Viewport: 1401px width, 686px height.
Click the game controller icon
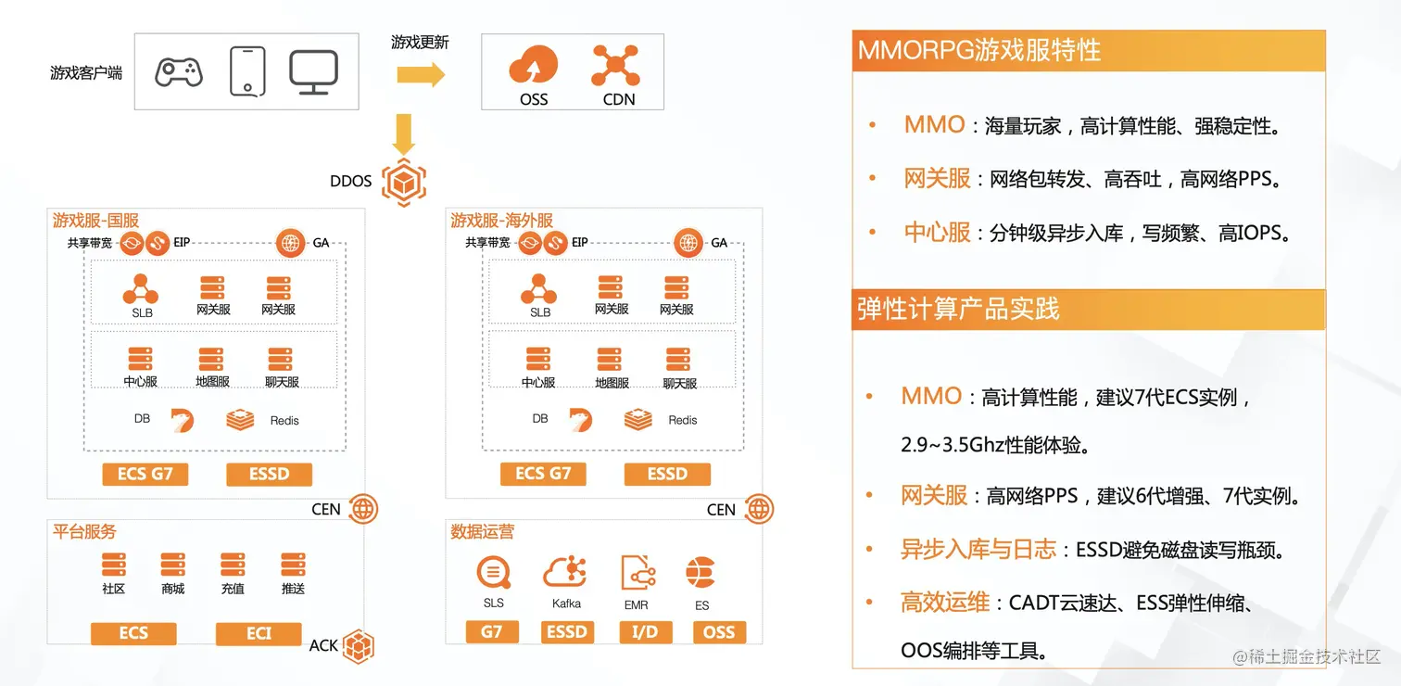pos(179,71)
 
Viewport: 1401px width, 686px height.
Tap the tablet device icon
pos(247,71)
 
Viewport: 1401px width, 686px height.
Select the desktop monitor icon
pos(313,71)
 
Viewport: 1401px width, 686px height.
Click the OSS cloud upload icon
pos(533,67)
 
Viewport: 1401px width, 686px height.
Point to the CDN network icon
pos(616,66)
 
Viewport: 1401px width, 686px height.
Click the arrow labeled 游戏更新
pos(421,73)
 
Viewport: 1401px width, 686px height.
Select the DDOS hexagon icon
pos(403,182)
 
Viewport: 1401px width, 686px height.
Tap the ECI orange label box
pos(259,633)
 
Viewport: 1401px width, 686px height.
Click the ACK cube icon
pos(358,645)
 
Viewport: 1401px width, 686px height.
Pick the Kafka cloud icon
pos(566,572)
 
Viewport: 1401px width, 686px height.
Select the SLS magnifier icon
pos(493,572)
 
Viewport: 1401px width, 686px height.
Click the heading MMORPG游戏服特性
pos(979,50)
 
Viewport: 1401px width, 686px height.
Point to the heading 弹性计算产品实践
pos(958,309)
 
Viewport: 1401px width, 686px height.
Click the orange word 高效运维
pos(945,603)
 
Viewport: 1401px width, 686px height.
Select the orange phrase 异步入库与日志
pos(978,550)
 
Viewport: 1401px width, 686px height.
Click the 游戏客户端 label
pos(86,72)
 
